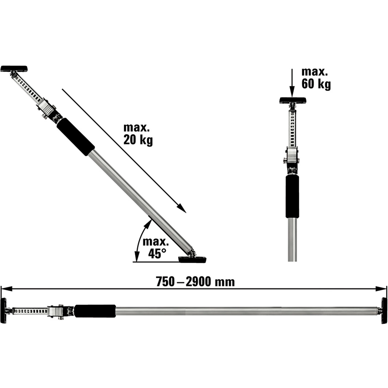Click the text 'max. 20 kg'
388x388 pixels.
coord(138,134)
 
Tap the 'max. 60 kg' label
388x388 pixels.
coord(316,78)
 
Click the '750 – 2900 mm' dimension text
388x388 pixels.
coord(195,282)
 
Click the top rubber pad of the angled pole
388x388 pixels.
coord(14,69)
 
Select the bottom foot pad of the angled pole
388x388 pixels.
coord(192,259)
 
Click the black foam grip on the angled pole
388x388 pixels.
coord(76,137)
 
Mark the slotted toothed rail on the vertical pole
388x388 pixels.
coord(292,128)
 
